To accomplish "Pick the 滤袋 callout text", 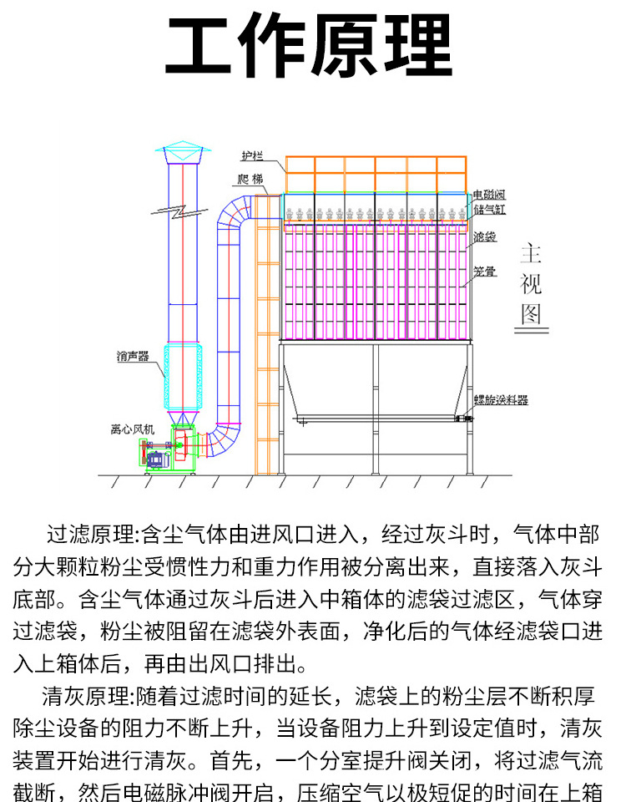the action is (x=484, y=237).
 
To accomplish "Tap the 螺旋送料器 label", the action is (x=501, y=400).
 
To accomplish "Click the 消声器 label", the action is (x=133, y=357).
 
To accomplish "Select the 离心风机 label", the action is (x=132, y=429).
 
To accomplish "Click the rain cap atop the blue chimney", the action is (x=183, y=153).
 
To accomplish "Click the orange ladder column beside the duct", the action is (x=266, y=334).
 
